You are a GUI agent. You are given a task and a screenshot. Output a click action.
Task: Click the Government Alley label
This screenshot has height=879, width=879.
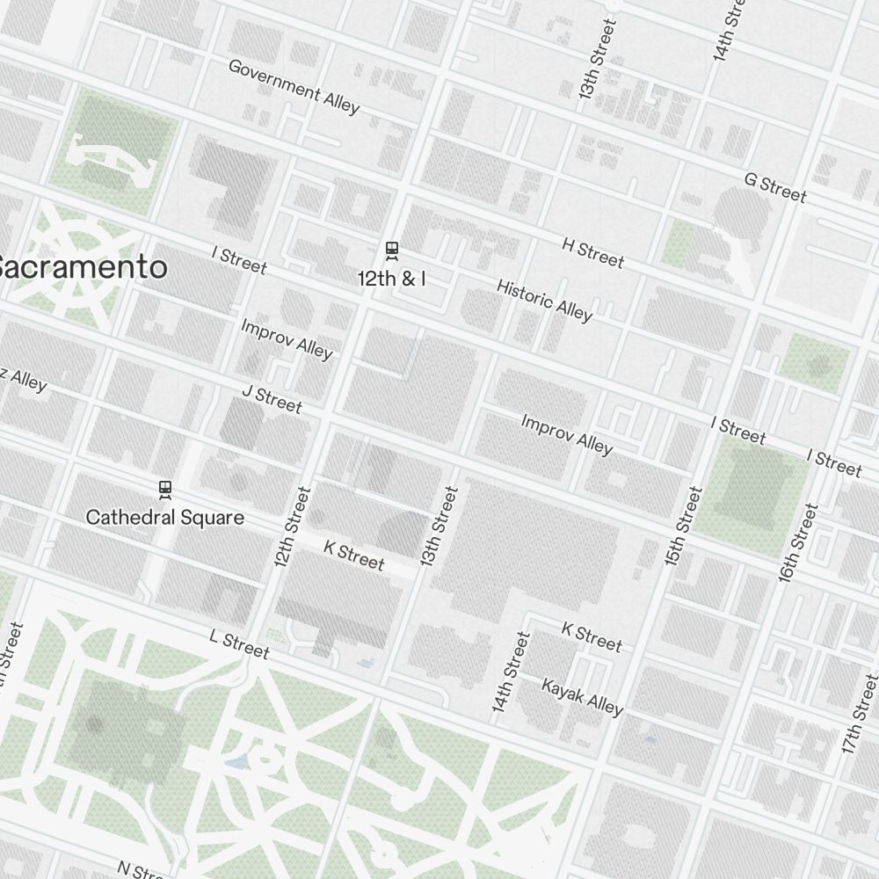pyautogui.click(x=294, y=86)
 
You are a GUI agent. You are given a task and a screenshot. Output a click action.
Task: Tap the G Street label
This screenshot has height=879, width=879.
pyautogui.click(x=774, y=186)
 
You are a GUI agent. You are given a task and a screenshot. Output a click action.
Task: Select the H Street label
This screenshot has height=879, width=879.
pyautogui.click(x=592, y=252)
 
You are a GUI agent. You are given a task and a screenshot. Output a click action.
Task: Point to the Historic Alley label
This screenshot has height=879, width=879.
pyautogui.click(x=544, y=300)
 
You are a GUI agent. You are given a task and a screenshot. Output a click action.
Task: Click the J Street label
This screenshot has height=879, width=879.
pyautogui.click(x=272, y=399)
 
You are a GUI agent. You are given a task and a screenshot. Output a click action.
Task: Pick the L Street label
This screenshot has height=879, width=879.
pyautogui.click(x=239, y=643)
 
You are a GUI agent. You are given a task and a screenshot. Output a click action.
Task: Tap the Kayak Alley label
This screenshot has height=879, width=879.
pyautogui.click(x=582, y=696)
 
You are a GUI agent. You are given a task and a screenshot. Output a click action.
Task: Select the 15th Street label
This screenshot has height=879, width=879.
pyautogui.click(x=684, y=526)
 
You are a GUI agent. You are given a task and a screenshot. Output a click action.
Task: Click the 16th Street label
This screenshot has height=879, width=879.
pyautogui.click(x=798, y=541)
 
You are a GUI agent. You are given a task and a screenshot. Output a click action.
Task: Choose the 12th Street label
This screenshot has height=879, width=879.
pyautogui.click(x=293, y=526)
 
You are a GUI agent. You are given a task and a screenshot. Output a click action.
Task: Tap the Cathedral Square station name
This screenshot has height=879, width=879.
pyautogui.click(x=164, y=517)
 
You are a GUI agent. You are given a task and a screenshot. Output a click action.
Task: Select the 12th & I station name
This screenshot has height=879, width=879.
pyautogui.click(x=392, y=279)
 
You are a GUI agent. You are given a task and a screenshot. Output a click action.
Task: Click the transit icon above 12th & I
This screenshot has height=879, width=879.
pyautogui.click(x=392, y=251)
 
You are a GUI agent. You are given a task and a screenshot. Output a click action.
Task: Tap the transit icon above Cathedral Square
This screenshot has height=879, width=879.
pyautogui.click(x=164, y=490)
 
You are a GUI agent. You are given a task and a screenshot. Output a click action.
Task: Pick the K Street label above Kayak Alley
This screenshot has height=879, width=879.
pyautogui.click(x=591, y=637)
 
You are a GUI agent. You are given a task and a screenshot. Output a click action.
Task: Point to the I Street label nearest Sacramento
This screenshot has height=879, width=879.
pyautogui.click(x=238, y=259)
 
